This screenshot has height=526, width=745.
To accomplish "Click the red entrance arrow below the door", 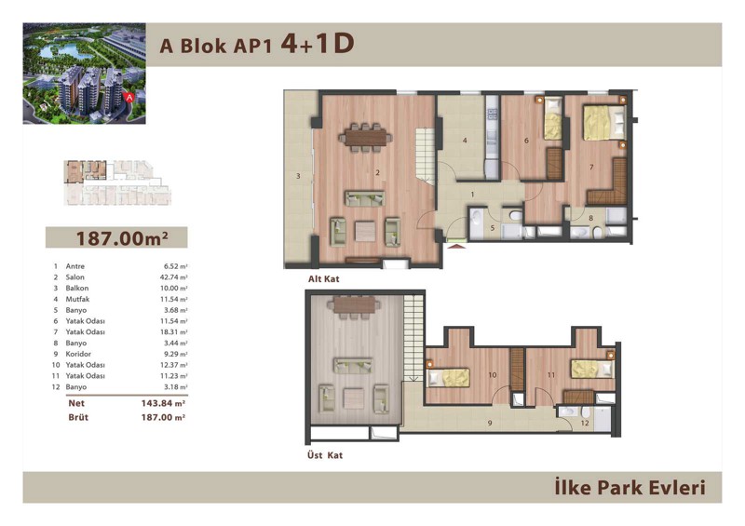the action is tap(457, 246).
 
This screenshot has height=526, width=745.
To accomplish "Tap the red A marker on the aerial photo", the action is tap(129, 97).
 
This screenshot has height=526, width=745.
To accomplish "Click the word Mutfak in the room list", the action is tap(77, 299).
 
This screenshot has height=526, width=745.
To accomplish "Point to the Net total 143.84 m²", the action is tap(163, 403).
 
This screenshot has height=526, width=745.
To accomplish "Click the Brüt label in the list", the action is tap(78, 418).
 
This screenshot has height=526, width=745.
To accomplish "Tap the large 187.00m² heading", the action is tap(122, 237).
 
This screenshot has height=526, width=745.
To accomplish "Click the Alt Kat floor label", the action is tap(323, 279).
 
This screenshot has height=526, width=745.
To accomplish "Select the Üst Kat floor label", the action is tap(324, 455).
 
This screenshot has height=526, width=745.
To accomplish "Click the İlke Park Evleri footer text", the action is tap(630, 488).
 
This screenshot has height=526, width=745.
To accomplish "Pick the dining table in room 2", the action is tap(365, 138).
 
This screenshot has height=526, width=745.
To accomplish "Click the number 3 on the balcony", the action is tap(298, 176).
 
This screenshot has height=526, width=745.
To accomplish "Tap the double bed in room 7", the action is tap(603, 123).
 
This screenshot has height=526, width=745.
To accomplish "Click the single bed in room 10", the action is tap(449, 378).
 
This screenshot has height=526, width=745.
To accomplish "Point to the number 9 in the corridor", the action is tap(490, 423).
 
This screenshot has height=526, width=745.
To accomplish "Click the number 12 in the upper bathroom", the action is tap(585, 423).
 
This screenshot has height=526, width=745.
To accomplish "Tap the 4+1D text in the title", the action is tap(318, 44).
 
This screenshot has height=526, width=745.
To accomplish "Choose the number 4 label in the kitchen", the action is tap(465, 141).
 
